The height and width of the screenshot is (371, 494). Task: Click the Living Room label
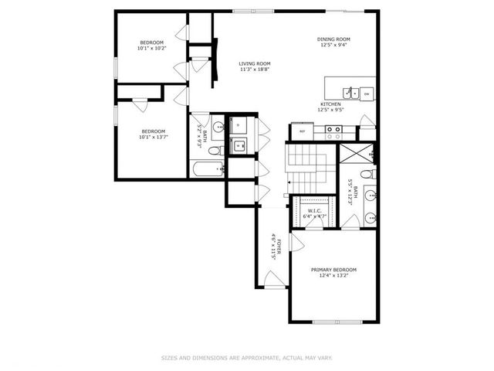[254, 64]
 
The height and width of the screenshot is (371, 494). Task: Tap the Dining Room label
[333, 39]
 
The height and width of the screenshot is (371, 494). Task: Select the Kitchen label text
[330, 104]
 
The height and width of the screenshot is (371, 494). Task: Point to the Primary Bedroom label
[333, 270]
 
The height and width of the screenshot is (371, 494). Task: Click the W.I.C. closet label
[314, 210]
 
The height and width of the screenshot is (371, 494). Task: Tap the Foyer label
[276, 245]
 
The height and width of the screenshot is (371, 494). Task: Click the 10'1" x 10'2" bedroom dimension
[151, 48]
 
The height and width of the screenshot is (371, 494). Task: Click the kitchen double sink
[350, 94]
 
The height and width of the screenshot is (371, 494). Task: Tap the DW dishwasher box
[367, 94]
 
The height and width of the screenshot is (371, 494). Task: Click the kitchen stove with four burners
[333, 131]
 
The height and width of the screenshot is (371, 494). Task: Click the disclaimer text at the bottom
[247, 357]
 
